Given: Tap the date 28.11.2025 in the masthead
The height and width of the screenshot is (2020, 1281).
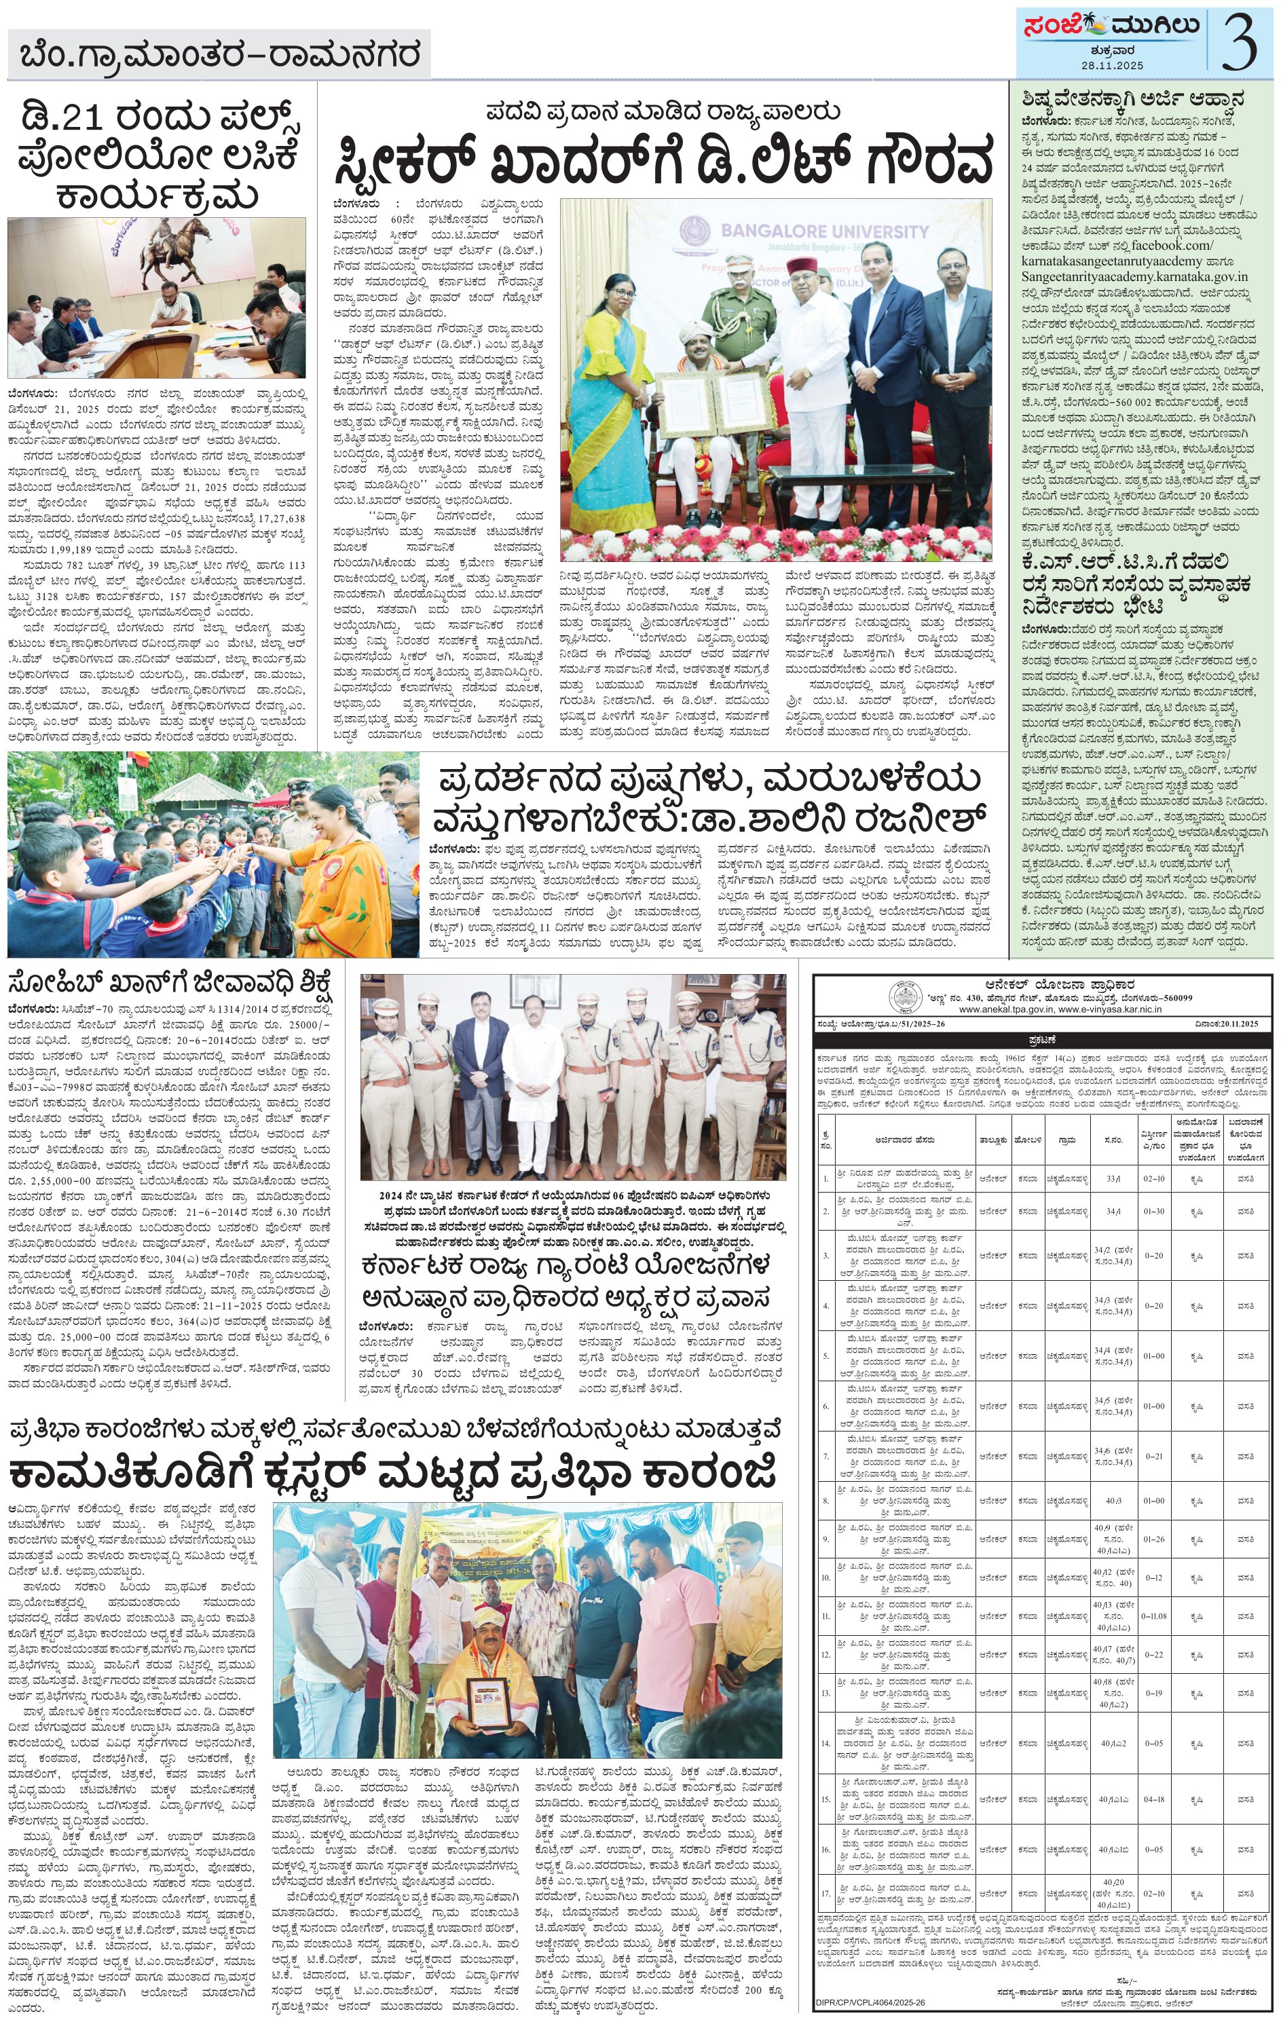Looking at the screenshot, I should click(1113, 65).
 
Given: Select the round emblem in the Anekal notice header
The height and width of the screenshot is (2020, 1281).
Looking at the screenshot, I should click(904, 996).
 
